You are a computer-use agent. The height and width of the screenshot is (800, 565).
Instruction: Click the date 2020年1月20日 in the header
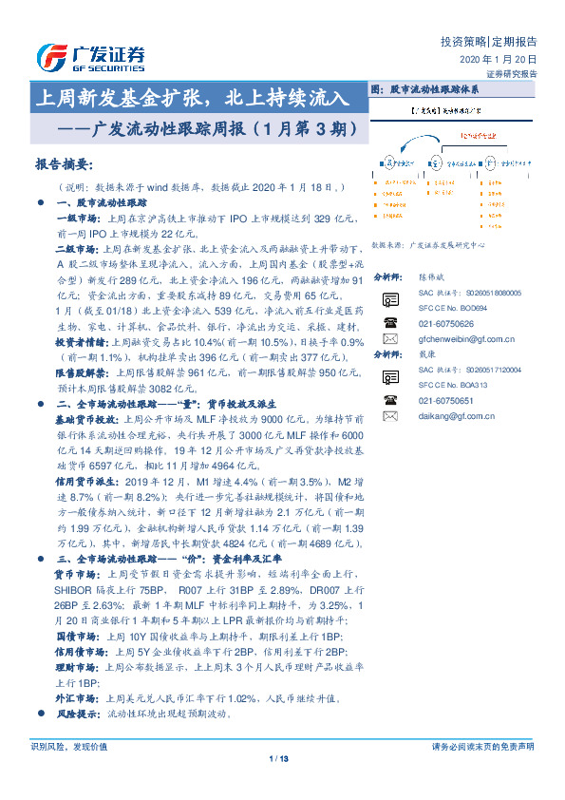click(x=499, y=60)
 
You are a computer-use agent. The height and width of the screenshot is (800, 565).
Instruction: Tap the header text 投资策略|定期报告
click(x=489, y=42)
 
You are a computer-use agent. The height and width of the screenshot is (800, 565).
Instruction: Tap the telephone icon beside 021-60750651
click(x=389, y=400)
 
